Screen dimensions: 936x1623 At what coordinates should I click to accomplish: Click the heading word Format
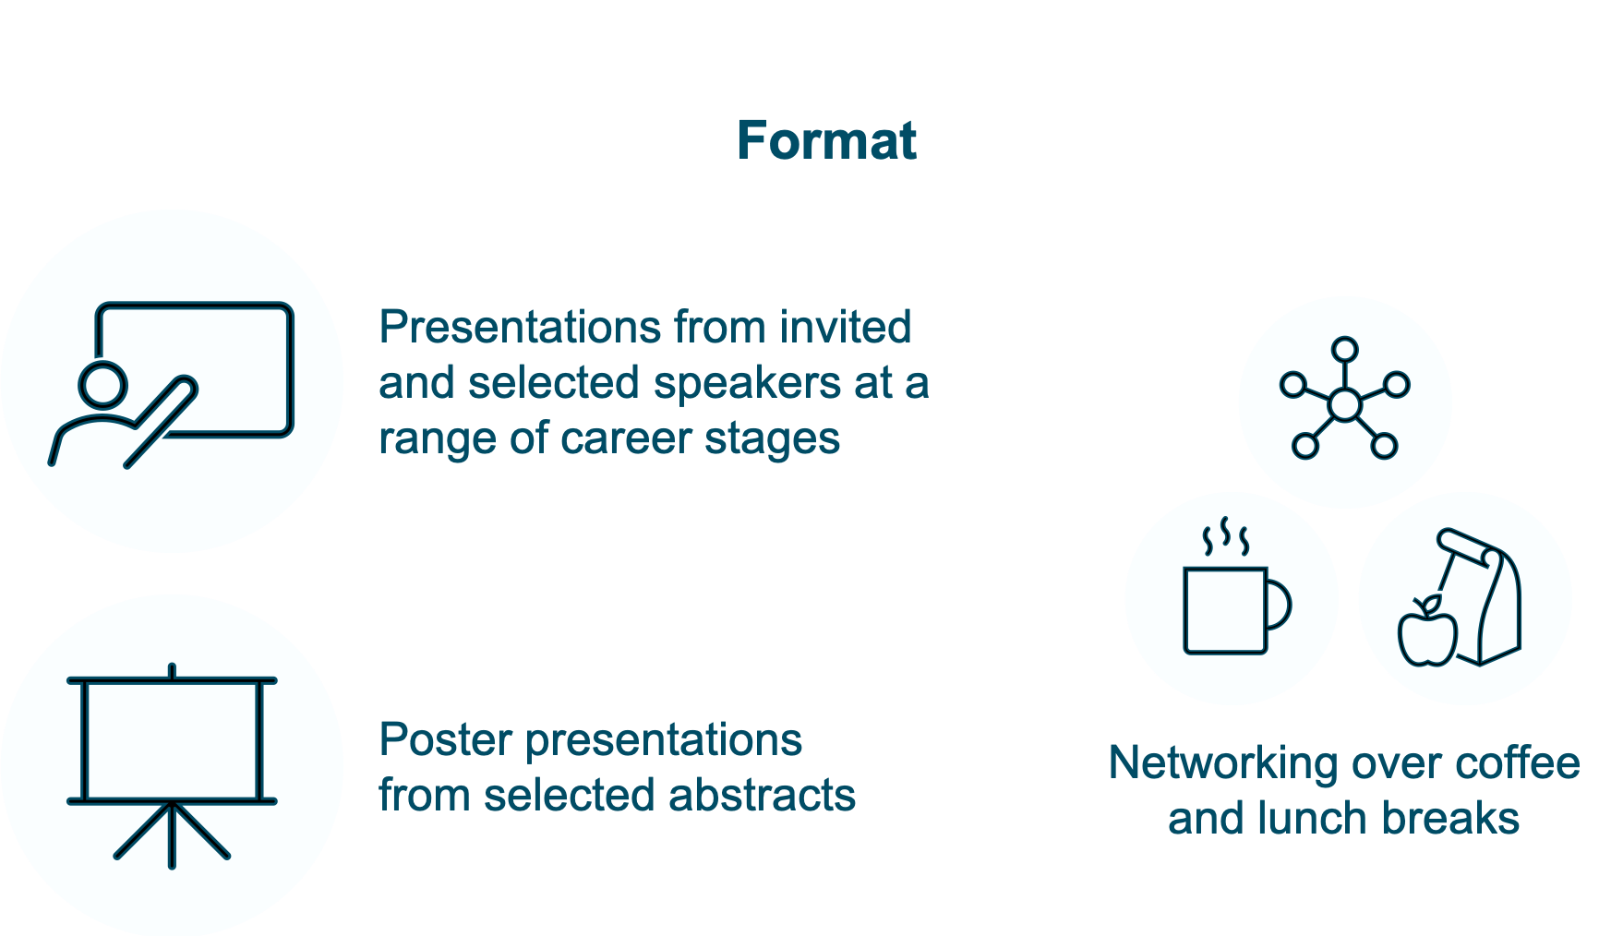pyautogui.click(x=826, y=141)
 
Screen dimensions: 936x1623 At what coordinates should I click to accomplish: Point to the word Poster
pyautogui.click(x=445, y=739)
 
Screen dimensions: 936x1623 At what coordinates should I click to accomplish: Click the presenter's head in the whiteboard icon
pyautogui.click(x=102, y=385)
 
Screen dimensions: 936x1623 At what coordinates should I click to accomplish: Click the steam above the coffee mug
pyautogui.click(x=1225, y=537)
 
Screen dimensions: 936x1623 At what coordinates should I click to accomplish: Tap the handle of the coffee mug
pyautogui.click(x=1280, y=606)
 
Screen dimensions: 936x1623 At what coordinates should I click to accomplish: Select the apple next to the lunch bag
pyautogui.click(x=1426, y=635)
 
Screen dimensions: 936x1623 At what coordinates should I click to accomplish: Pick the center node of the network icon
pyautogui.click(x=1344, y=405)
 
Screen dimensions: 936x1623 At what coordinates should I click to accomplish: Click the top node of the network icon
pyautogui.click(x=1344, y=350)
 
